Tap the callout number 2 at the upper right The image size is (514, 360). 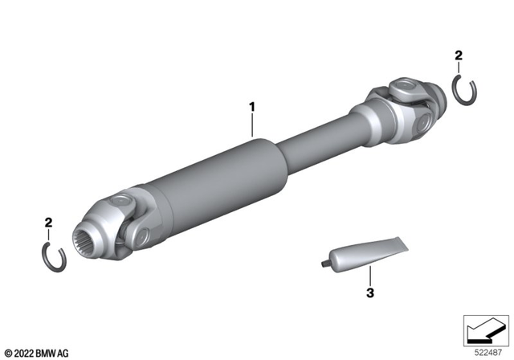(458, 55)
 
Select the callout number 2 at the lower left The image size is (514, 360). (49, 222)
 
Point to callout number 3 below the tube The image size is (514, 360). (370, 294)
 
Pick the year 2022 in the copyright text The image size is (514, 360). (26, 352)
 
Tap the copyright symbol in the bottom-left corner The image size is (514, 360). (8, 352)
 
